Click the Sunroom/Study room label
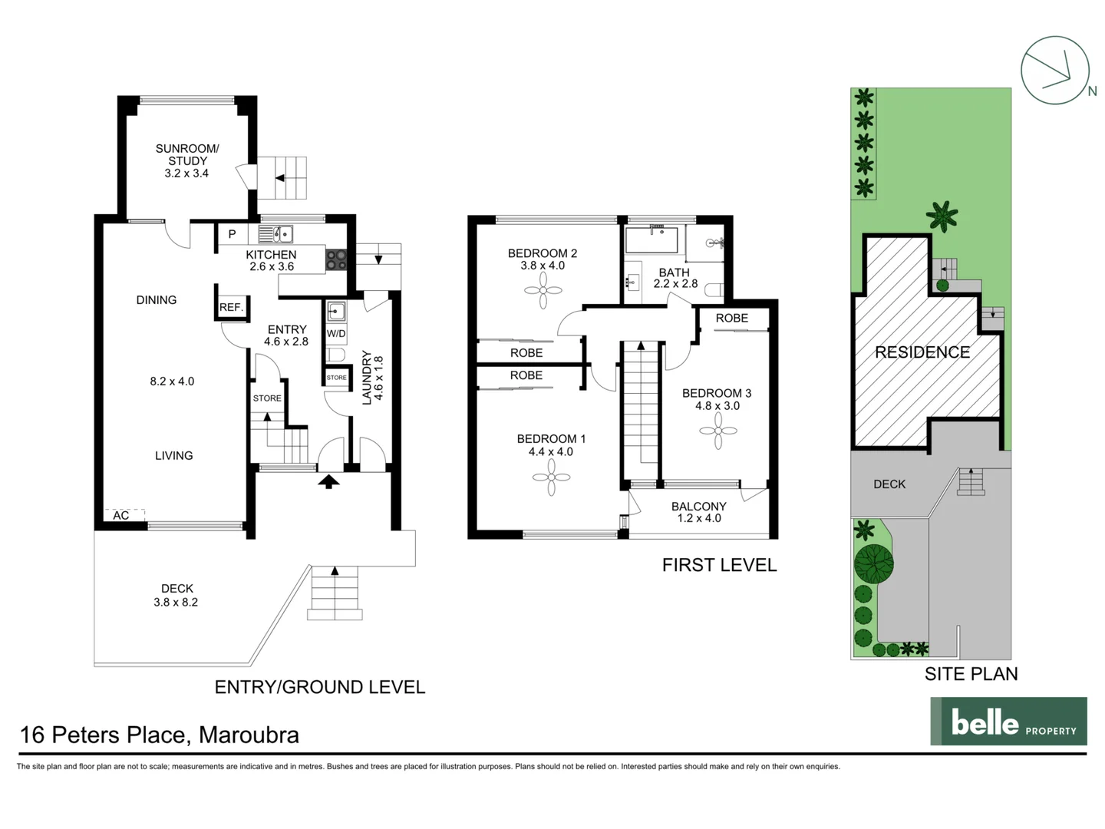coord(187,160)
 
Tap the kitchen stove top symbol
coord(336,259)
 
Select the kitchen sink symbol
coord(276,234)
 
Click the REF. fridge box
coord(231,307)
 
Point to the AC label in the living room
coord(121,516)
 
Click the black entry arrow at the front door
coord(328,482)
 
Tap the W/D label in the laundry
coord(336,334)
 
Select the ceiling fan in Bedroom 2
coord(544,291)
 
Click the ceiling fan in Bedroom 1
coord(551,477)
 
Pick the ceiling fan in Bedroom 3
coord(718,431)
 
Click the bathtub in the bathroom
coord(651,240)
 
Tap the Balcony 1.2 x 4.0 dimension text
coord(698,518)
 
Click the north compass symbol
coord(1055,71)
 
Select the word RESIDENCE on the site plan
coord(922,352)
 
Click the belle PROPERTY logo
coord(1008,722)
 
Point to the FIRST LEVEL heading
coord(719,565)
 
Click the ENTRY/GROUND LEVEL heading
coord(319,687)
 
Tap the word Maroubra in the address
coord(249,735)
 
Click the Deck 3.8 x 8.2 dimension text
coord(176,603)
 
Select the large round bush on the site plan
coord(873,563)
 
